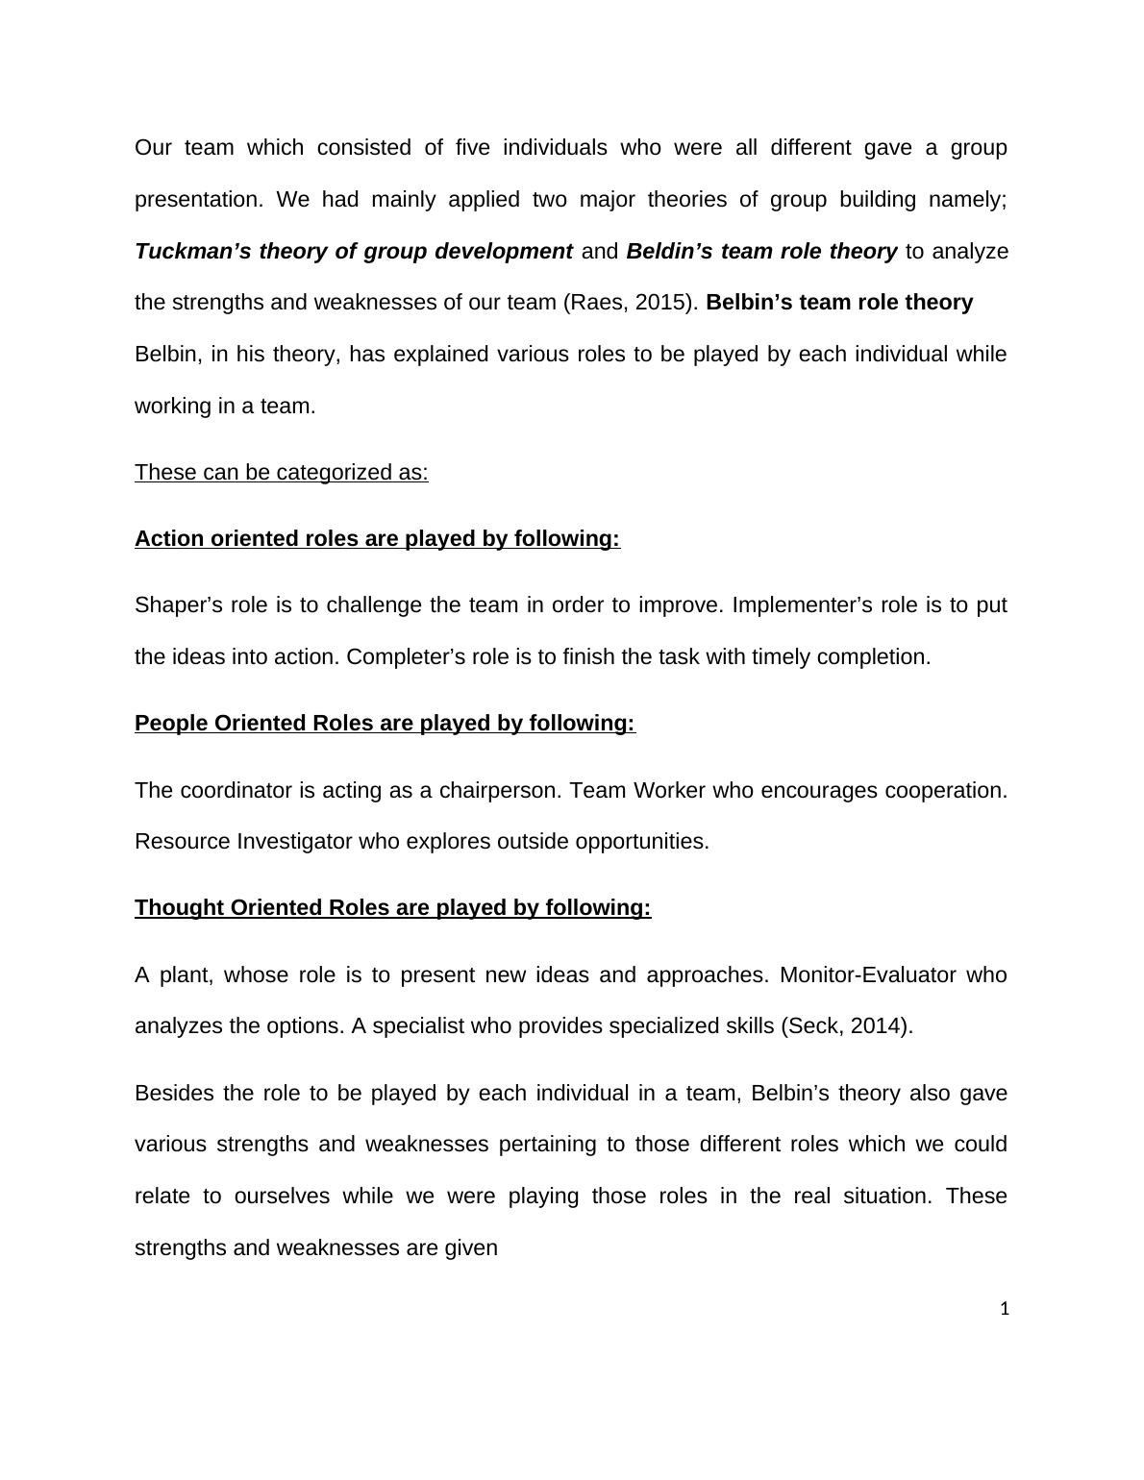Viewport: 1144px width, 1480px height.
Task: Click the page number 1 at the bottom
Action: [1005, 1308]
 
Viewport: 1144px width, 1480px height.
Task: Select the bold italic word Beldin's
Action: [670, 252]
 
